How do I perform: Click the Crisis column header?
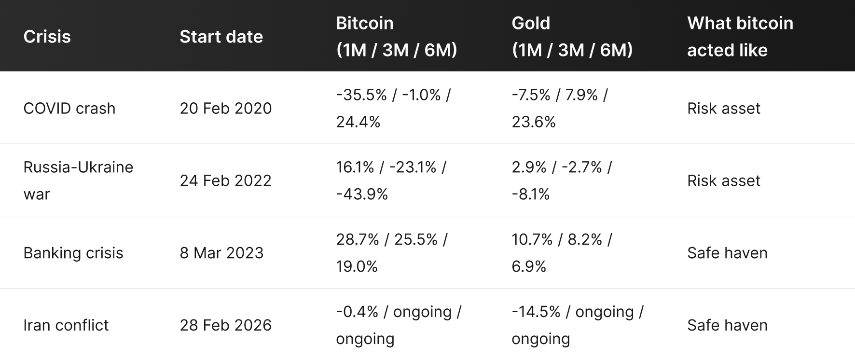[x=47, y=37]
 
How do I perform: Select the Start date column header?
[x=221, y=37]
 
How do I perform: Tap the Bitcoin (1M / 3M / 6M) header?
[x=396, y=37]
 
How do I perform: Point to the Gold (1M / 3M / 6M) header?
[x=572, y=37]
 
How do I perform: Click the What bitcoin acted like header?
[x=740, y=37]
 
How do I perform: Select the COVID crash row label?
[x=69, y=108]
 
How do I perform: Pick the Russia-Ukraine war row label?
[x=78, y=180]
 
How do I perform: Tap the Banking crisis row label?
[x=73, y=253]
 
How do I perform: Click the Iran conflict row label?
[x=66, y=325]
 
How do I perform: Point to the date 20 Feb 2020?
[x=225, y=108]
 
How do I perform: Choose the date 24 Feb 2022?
[x=225, y=180]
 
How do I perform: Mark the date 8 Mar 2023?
[x=221, y=253]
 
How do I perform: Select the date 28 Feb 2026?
[x=225, y=325]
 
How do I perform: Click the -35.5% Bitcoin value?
[x=361, y=95]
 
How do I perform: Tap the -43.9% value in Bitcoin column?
[x=361, y=194]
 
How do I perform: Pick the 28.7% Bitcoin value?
[x=357, y=240]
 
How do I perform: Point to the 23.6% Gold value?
[x=533, y=122]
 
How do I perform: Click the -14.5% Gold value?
[x=536, y=312]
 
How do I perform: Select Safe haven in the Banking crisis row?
[x=727, y=253]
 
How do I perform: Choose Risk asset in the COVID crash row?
[x=723, y=108]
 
